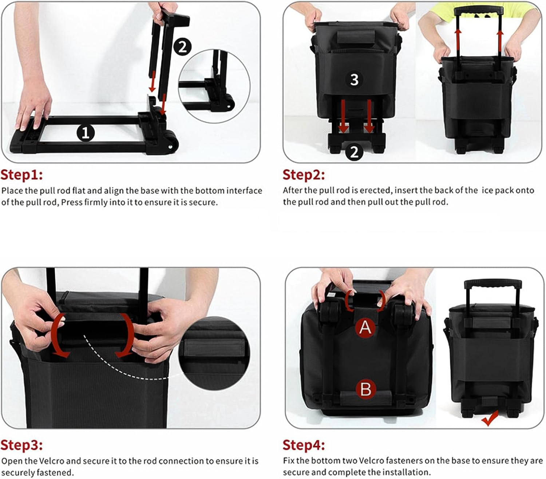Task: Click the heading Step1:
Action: pos(21,175)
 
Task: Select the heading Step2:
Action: pos(304,175)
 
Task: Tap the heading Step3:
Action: pos(21,445)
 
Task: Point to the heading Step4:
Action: pos(304,445)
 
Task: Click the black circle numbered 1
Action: pos(86,133)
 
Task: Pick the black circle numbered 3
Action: pos(354,79)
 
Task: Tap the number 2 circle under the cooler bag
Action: pos(354,152)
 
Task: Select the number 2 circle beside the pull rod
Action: pos(182,47)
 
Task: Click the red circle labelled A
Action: pos(365,327)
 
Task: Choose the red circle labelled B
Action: pos(365,389)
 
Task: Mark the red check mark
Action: pos(490,418)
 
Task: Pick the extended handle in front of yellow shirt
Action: pos(478,12)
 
